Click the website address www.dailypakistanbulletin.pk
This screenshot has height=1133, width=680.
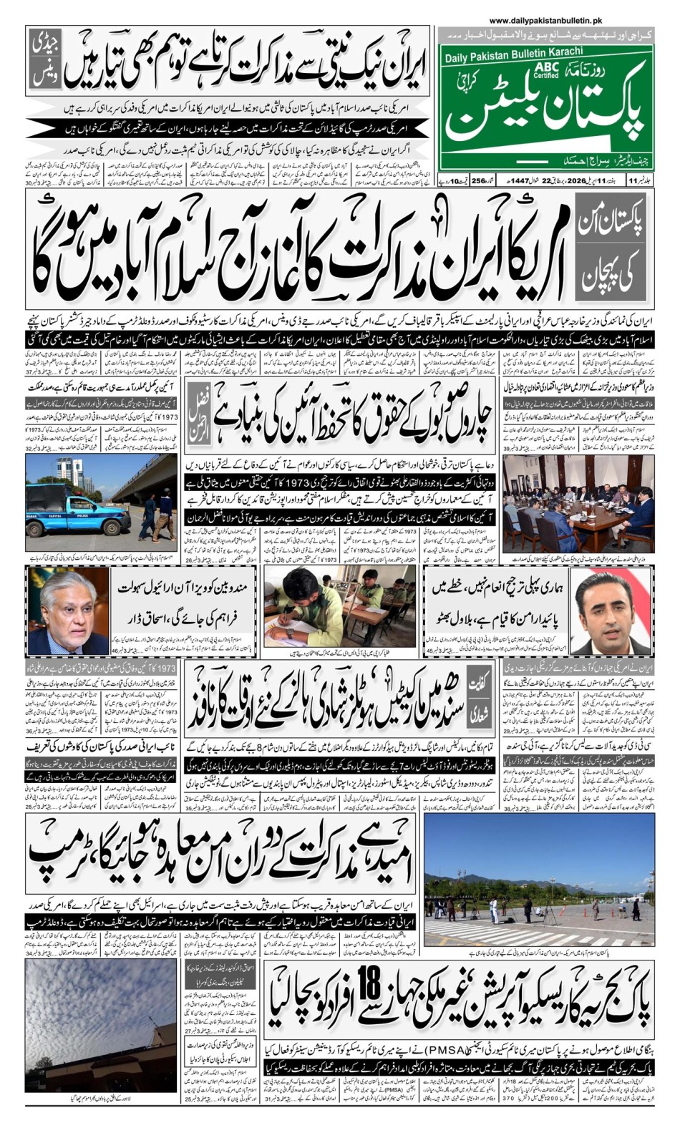[x=545, y=21]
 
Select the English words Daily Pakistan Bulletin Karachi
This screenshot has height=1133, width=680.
[x=513, y=54]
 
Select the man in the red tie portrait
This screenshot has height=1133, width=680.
[x=611, y=612]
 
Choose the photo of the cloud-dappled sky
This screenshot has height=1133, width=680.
[x=100, y=1023]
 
